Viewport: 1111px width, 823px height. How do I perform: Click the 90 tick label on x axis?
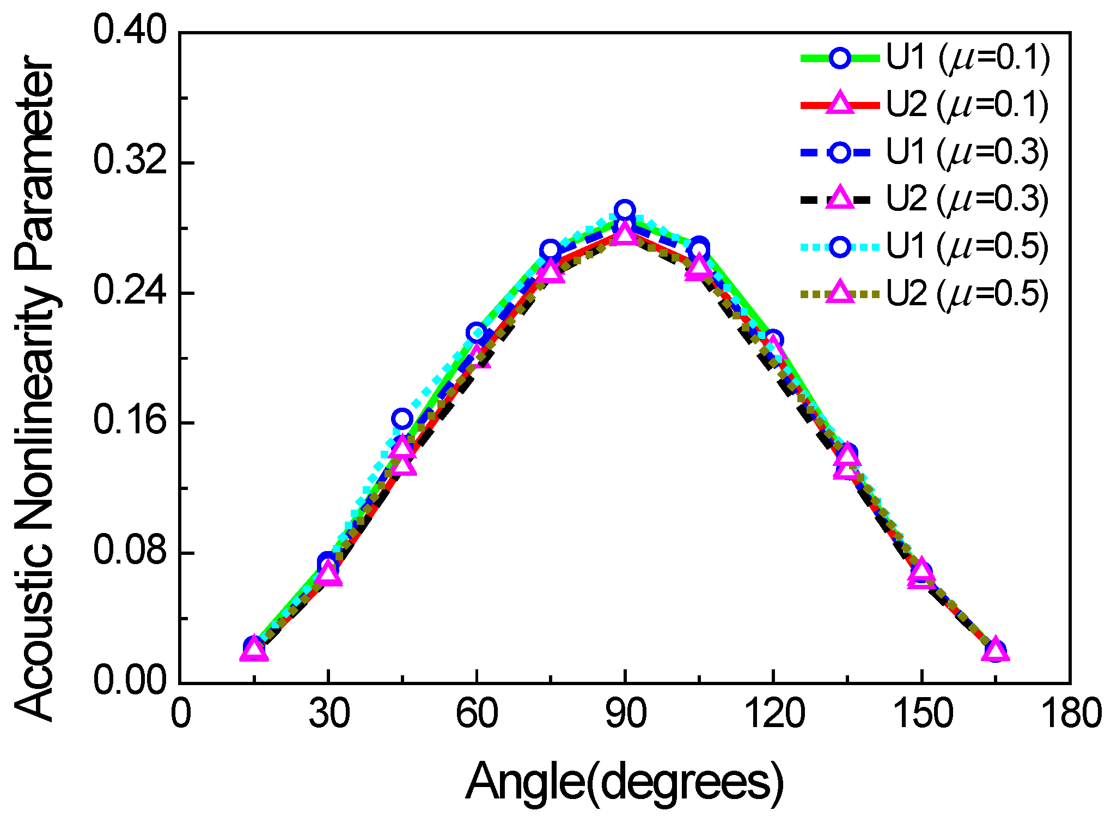pos(626,715)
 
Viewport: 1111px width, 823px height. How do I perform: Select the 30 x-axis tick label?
pos(329,715)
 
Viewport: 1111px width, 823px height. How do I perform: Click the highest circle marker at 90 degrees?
pos(625,210)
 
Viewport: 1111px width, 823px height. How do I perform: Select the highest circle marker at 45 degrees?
pos(402,419)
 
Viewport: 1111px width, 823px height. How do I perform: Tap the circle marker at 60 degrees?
pos(476,332)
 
